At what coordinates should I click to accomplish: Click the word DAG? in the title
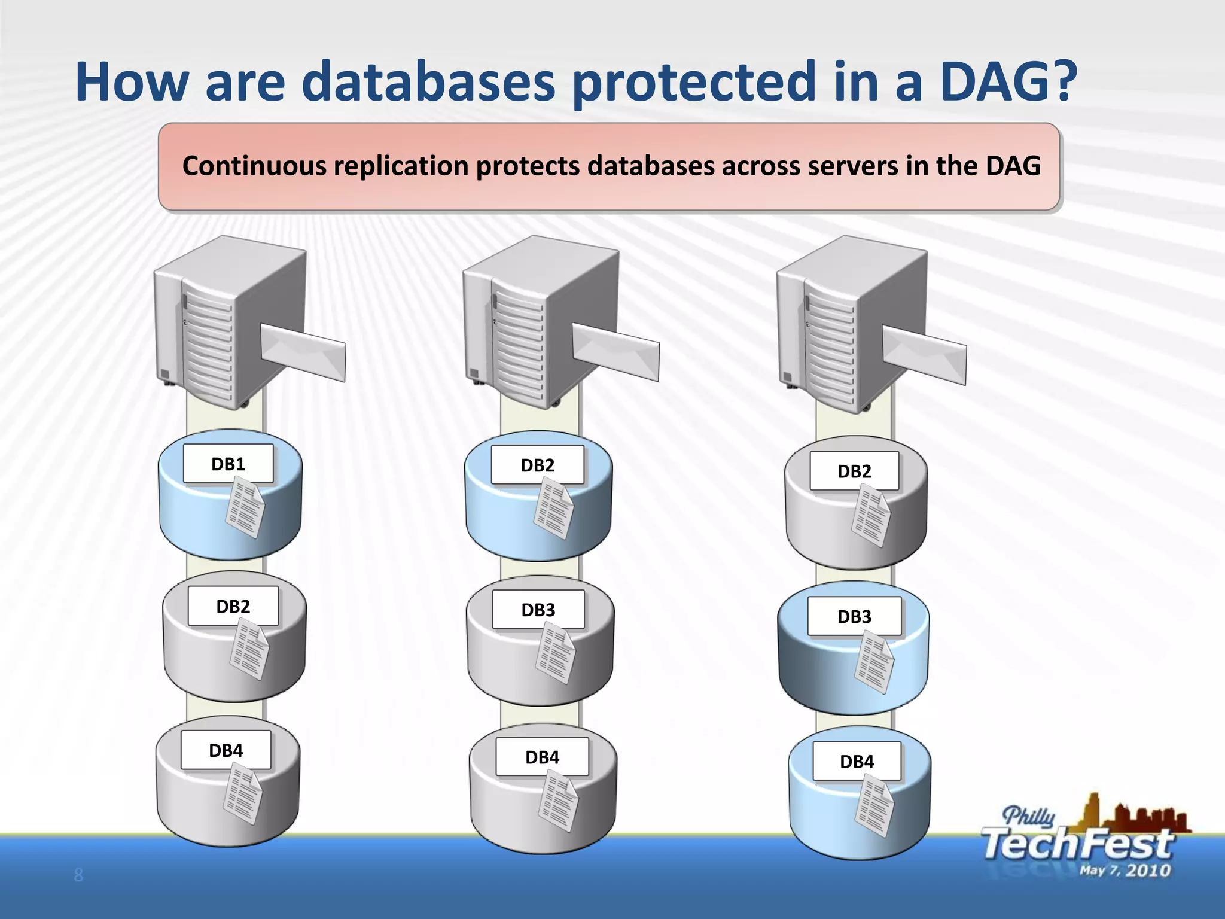1008,82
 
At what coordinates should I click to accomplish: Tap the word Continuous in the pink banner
254,166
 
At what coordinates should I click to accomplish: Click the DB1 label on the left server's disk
228,464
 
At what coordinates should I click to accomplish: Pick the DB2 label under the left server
233,606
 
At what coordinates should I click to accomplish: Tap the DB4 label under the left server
226,750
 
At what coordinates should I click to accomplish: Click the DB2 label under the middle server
537,465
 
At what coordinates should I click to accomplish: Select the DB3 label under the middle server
538,610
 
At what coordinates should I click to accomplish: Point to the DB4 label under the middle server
542,757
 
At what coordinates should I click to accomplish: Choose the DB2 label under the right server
854,471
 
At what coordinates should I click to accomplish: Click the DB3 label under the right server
854,616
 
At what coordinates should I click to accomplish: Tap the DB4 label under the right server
857,762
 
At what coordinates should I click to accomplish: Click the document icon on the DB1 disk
245,510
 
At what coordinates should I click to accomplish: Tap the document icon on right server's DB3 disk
874,664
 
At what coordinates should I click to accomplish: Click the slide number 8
78,875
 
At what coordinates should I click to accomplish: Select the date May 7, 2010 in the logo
1125,870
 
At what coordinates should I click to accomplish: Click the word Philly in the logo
1028,816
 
